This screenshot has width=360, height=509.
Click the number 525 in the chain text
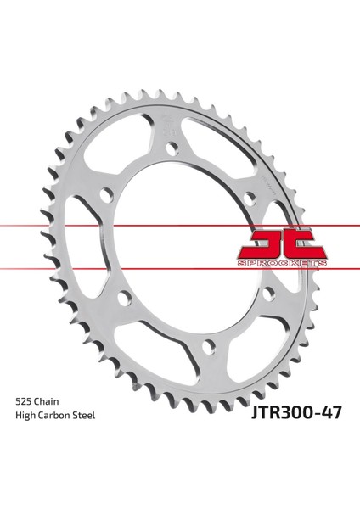[x=23, y=401]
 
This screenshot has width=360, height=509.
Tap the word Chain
[x=47, y=401]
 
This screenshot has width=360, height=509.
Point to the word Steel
[x=83, y=415]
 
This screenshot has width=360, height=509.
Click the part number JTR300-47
[x=296, y=413]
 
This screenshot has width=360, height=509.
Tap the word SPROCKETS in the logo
[x=282, y=263]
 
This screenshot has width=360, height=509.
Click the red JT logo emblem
[x=282, y=243]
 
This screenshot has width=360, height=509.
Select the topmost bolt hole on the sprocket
[x=172, y=148]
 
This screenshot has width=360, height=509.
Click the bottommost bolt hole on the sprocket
[x=209, y=347]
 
